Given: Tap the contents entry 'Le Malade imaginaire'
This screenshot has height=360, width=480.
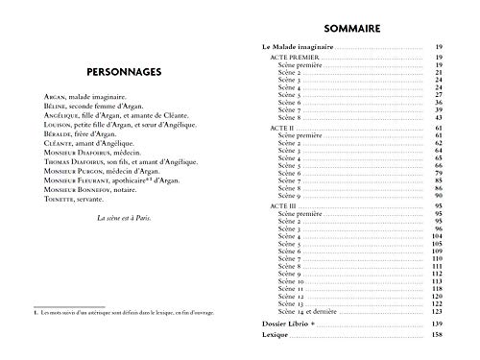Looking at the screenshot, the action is pyautogui.click(x=300, y=46).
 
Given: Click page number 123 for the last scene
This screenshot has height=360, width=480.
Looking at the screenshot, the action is pyautogui.click(x=439, y=313).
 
